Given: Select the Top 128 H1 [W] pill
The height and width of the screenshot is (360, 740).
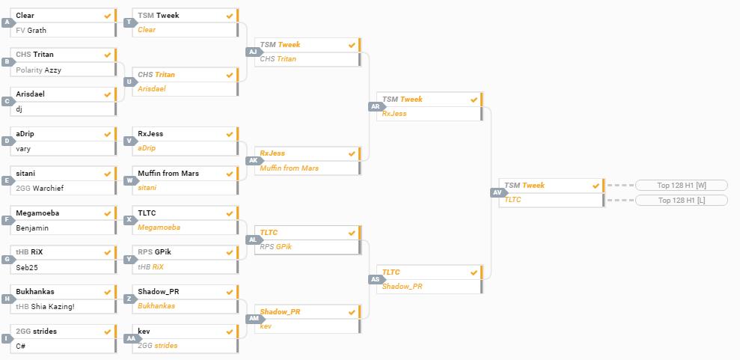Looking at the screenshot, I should coord(681,186).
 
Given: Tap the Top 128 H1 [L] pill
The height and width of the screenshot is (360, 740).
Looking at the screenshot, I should coord(681,201).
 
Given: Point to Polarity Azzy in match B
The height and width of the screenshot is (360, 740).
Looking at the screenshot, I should coord(38,70).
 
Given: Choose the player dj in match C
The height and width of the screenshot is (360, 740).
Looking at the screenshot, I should coord(19,109).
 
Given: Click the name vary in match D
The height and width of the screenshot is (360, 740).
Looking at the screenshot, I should coord(23,149).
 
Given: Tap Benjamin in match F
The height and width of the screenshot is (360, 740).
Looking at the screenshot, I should coord(32,228).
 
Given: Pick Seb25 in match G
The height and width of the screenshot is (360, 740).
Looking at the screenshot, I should coord(26,267).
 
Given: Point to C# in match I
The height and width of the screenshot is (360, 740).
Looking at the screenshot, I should coord(21,346).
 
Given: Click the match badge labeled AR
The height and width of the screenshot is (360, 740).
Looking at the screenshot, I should coord(376,107).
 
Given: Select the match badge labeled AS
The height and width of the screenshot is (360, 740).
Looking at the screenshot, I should coord(376,279).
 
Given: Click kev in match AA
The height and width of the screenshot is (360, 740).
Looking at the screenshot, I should coord(144,331).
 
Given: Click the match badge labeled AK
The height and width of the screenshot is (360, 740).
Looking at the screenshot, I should coord(253,161).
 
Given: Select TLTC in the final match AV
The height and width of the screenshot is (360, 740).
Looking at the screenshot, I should coord(513,200).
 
